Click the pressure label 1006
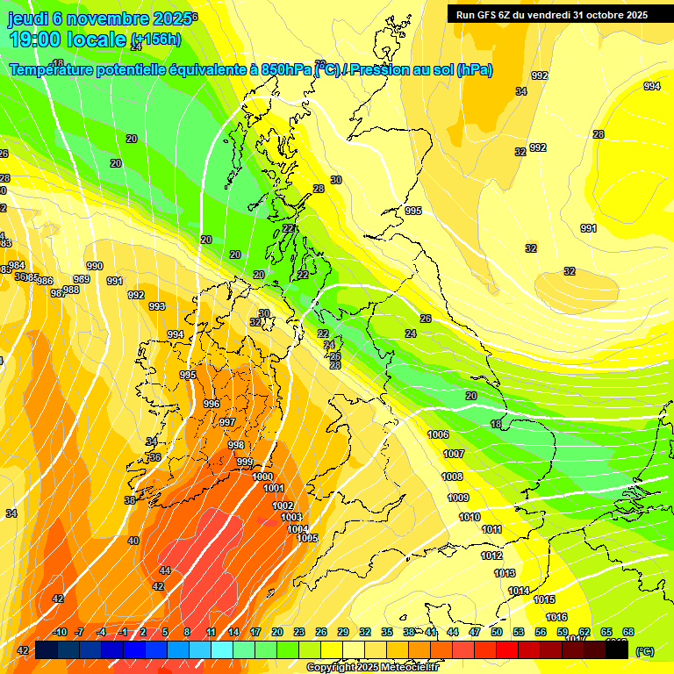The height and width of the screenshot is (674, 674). point(438,435)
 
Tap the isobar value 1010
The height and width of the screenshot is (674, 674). point(470,517)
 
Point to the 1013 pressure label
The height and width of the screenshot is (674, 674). point(505,573)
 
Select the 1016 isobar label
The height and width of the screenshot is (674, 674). point(556,618)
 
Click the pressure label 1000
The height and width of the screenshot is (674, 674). point(262,477)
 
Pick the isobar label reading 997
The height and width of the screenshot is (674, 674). point(227,422)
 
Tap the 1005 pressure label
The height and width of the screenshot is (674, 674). point(307,538)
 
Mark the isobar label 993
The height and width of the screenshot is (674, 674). point(157,306)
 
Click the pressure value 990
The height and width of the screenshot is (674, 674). point(95,266)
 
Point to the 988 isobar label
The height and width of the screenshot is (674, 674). point(71,290)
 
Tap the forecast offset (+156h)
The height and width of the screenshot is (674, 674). point(155,39)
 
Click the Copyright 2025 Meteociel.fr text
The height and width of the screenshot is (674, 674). point(372,668)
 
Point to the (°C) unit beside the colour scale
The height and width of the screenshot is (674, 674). point(644,651)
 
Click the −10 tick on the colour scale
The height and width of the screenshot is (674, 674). point(59,632)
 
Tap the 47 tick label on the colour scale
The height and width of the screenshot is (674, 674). point(475,632)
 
